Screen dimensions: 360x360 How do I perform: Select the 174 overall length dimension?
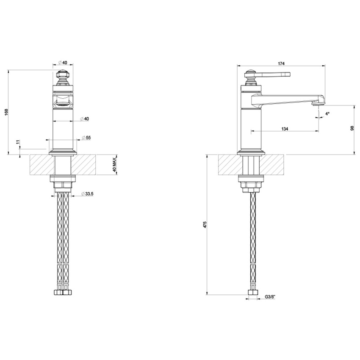(281, 64)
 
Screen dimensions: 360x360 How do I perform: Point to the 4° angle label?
(327, 114)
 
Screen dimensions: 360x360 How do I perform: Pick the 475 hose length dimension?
(205, 224)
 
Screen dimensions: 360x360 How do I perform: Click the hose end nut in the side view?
(253, 293)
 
